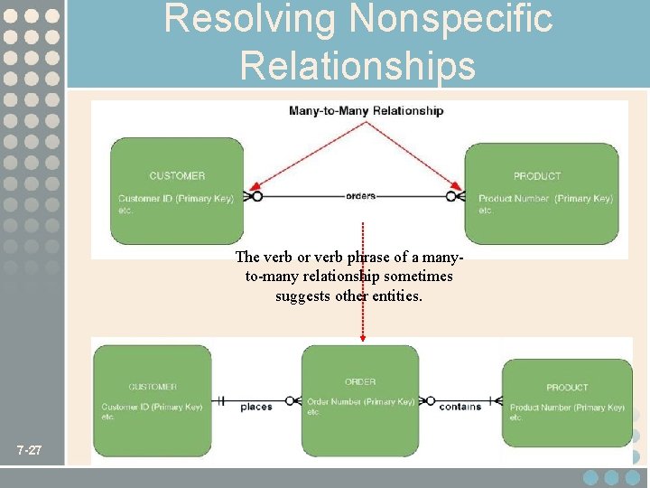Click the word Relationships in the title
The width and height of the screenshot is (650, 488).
click(x=357, y=65)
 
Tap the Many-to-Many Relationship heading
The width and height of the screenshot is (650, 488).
click(x=366, y=111)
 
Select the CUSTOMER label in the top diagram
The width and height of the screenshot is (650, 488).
click(x=177, y=175)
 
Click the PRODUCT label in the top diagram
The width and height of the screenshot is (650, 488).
click(x=537, y=176)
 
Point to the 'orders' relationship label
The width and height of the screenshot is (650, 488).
click(x=360, y=195)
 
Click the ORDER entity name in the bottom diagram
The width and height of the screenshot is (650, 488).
click(x=360, y=382)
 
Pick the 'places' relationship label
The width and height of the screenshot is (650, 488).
click(x=256, y=407)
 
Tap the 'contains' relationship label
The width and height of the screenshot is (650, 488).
click(x=460, y=407)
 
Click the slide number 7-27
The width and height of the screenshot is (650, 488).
click(x=29, y=450)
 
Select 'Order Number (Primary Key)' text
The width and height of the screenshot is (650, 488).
click(x=360, y=401)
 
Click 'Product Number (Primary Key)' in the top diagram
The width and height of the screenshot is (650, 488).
click(x=545, y=198)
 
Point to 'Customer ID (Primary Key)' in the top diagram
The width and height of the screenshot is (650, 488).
click(x=175, y=198)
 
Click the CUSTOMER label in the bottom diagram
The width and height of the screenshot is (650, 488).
click(x=153, y=387)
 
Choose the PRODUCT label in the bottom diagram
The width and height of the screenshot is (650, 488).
click(x=567, y=388)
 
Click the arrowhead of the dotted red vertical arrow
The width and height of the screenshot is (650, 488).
click(x=363, y=337)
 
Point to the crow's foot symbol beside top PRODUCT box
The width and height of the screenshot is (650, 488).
click(x=457, y=195)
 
